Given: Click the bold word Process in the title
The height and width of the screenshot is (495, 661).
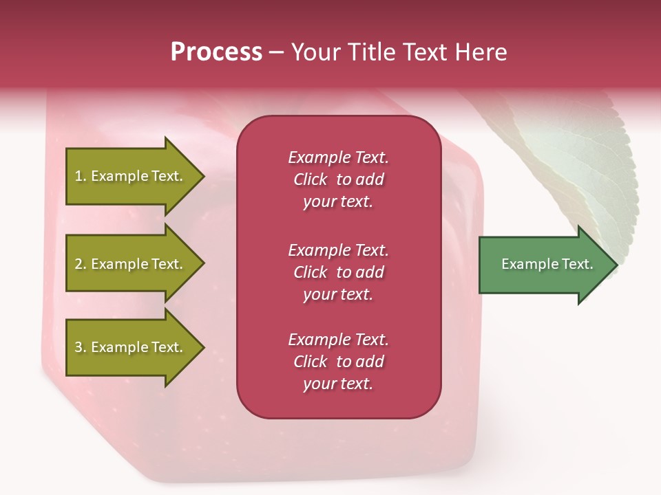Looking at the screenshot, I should tap(216, 52).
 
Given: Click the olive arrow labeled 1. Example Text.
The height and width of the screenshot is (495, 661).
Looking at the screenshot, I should tap(131, 176).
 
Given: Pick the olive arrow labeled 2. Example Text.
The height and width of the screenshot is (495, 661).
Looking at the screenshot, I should tap(131, 264).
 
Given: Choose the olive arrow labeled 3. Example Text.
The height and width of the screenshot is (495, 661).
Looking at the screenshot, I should tap(131, 347).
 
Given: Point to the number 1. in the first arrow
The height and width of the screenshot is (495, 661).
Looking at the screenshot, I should tap(81, 176).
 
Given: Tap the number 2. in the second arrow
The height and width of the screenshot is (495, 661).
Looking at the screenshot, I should tap(81, 264).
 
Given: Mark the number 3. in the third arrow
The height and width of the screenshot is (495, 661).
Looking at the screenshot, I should tap(81, 347).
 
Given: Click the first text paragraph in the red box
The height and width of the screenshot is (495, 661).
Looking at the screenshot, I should tap(338, 179).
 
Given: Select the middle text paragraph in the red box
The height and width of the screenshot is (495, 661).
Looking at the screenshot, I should tap(338, 272).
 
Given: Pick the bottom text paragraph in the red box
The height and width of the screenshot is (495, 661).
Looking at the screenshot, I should tap(338, 362).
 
